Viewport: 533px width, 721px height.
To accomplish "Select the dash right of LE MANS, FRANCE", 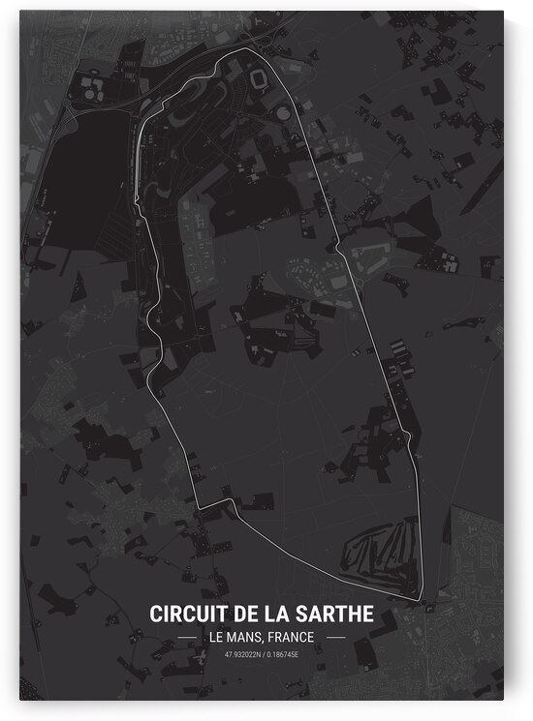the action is pos(336,638).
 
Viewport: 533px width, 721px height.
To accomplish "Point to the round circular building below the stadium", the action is pos(282,114).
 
